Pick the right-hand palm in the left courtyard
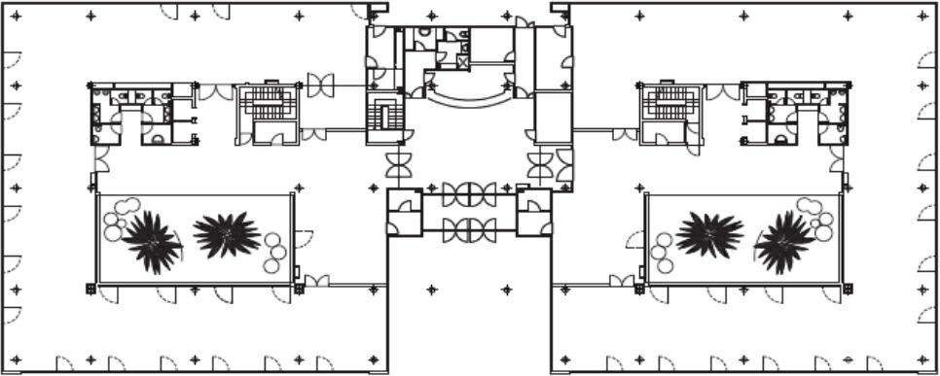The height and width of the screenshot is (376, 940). point(227,234)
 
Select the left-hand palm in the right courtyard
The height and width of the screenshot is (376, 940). point(709,234)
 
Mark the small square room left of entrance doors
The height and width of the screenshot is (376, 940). point(403,212)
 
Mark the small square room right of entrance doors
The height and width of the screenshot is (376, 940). point(533,212)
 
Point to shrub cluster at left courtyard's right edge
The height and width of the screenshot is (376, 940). point(276,251)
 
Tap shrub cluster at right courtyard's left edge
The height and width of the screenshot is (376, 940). point(661,251)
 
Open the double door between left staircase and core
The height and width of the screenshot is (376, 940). point(321,85)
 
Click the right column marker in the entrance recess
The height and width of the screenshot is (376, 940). point(506,289)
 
